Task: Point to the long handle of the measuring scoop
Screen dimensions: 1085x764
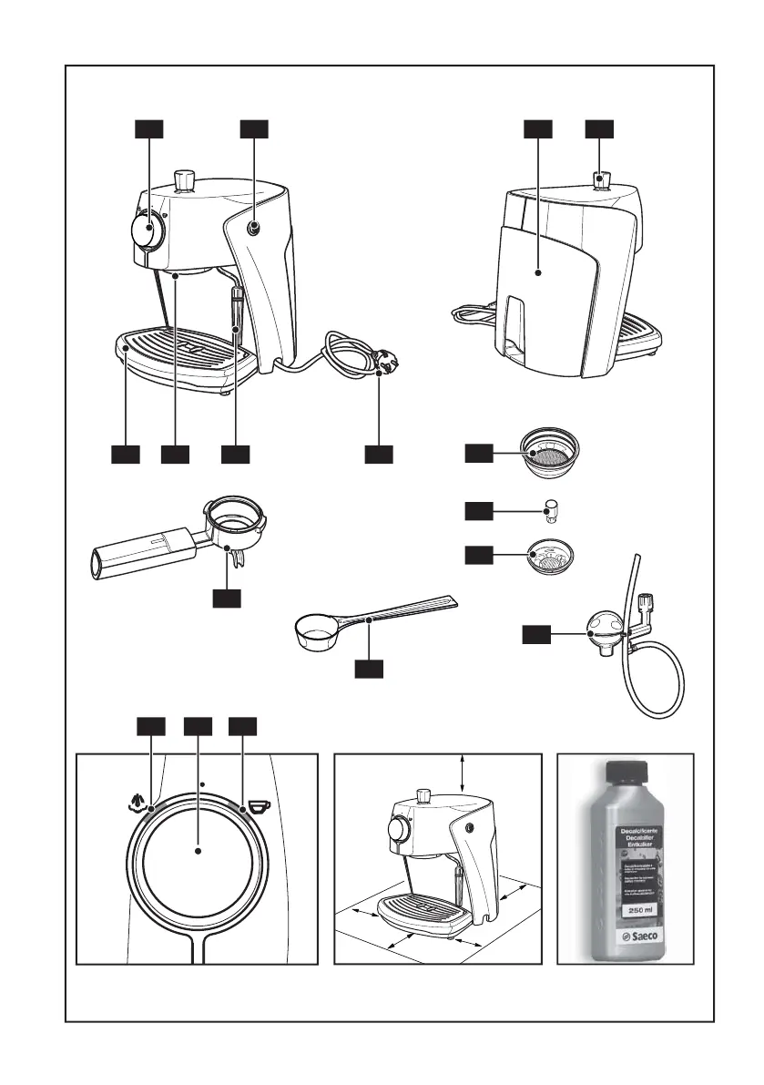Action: click(401, 611)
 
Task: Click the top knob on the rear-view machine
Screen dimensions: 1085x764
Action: click(602, 179)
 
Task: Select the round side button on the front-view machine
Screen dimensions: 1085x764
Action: click(253, 229)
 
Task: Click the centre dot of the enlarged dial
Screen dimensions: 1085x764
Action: click(198, 851)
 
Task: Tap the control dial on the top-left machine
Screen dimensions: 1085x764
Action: click(146, 230)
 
